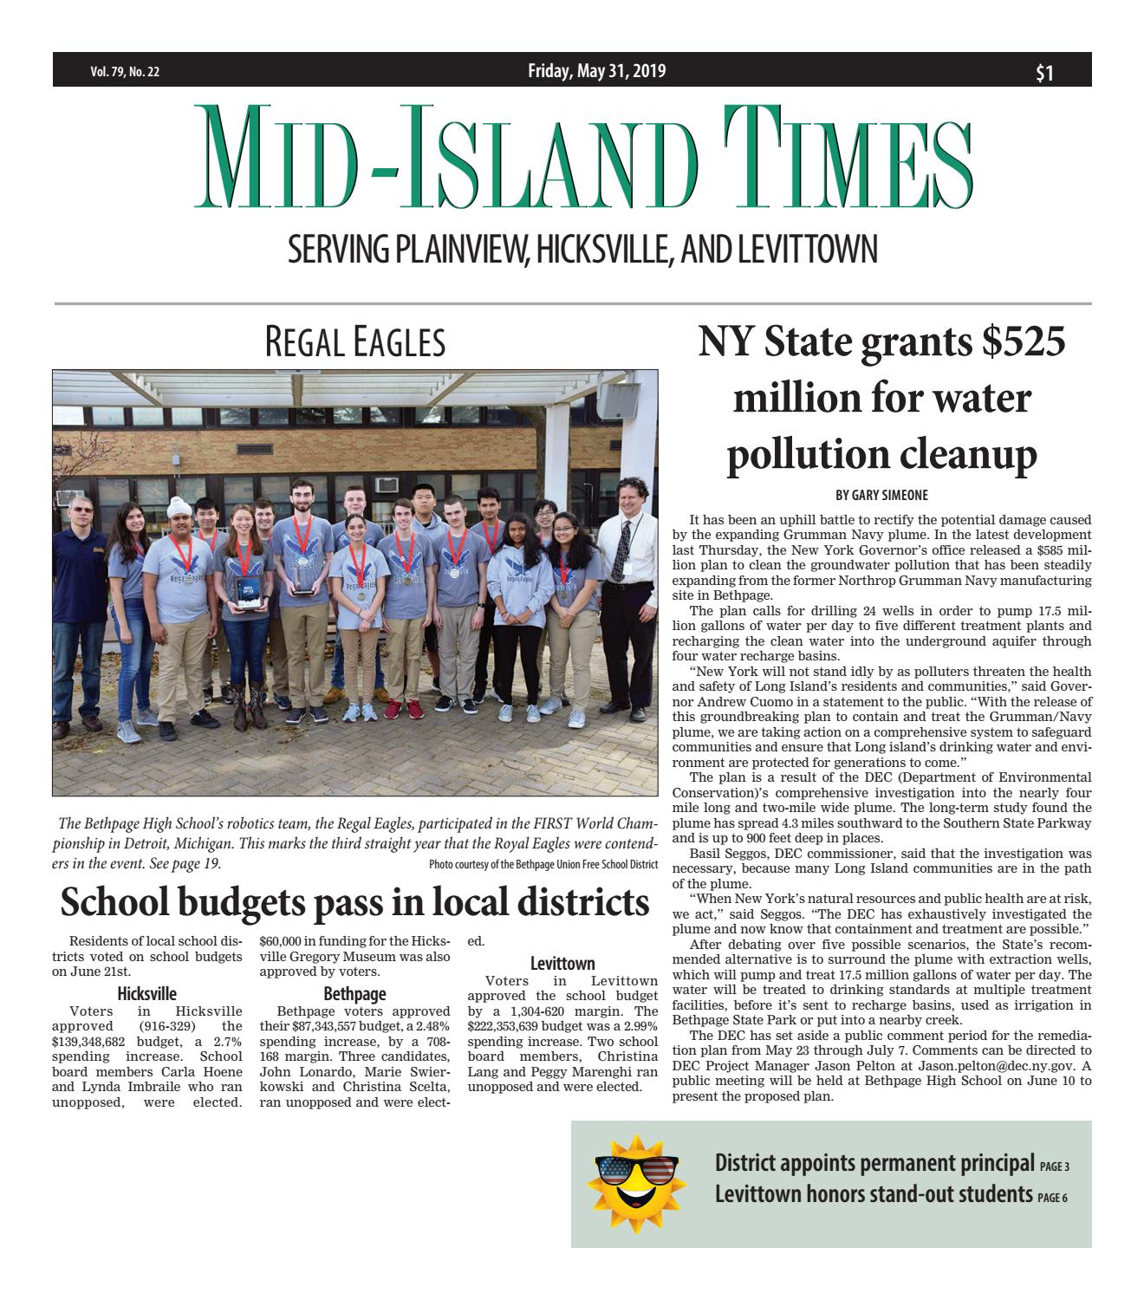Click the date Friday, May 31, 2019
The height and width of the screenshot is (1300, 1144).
tap(596, 71)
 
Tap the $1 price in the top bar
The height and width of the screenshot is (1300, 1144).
tap(1044, 74)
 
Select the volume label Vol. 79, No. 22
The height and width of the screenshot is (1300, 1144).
tap(125, 73)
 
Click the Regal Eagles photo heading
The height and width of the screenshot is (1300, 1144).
tap(354, 344)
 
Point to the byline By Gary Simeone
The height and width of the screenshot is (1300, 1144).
tap(881, 495)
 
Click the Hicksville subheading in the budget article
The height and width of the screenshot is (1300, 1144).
tap(146, 994)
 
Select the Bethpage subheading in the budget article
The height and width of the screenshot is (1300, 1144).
tap(354, 994)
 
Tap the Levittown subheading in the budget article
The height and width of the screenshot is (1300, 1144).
tap(562, 963)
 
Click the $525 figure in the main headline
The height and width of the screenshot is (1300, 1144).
tap(1023, 342)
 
